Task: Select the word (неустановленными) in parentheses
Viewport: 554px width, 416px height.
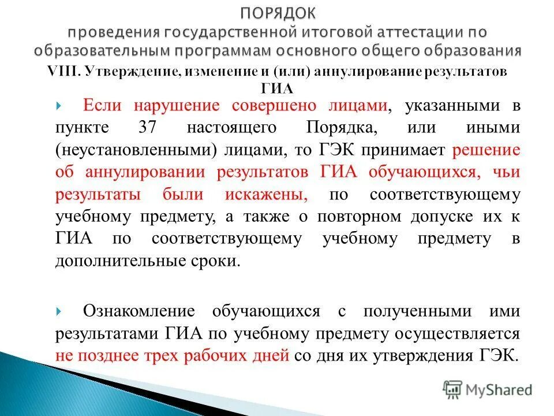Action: coord(136,150)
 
